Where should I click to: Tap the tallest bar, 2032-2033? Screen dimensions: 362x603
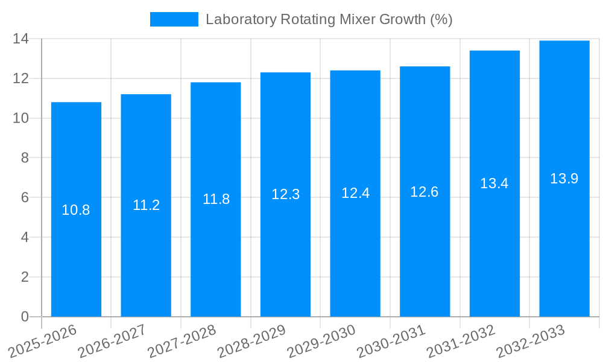click(564, 241)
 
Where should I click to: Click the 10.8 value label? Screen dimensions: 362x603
click(76, 210)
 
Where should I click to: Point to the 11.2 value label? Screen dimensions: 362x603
click(146, 205)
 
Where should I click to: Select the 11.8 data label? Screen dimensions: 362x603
click(216, 199)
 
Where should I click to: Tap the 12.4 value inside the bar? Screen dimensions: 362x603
click(355, 193)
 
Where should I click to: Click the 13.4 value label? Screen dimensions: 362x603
click(494, 183)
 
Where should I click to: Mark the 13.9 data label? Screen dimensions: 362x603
click(564, 179)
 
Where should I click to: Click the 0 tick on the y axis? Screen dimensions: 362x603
click(25, 317)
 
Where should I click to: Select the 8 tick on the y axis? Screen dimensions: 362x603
click(25, 158)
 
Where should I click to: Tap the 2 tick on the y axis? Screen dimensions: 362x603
click(25, 277)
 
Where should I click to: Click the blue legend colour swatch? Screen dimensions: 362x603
click(174, 19)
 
